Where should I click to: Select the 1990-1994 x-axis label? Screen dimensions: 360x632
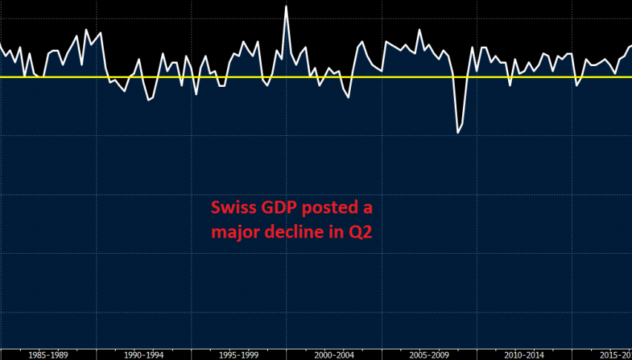(144, 354)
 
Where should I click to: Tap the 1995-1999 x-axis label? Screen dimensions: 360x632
(239, 354)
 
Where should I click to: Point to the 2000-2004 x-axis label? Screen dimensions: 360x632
(335, 354)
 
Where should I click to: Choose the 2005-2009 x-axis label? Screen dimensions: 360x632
(429, 354)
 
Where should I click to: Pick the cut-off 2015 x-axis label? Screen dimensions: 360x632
(615, 354)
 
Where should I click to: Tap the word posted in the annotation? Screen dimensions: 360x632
(325, 208)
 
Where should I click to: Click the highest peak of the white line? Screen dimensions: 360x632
(286, 7)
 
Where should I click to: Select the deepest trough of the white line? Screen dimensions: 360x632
(458, 132)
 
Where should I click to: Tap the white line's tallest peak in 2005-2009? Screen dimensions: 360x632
(420, 30)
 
